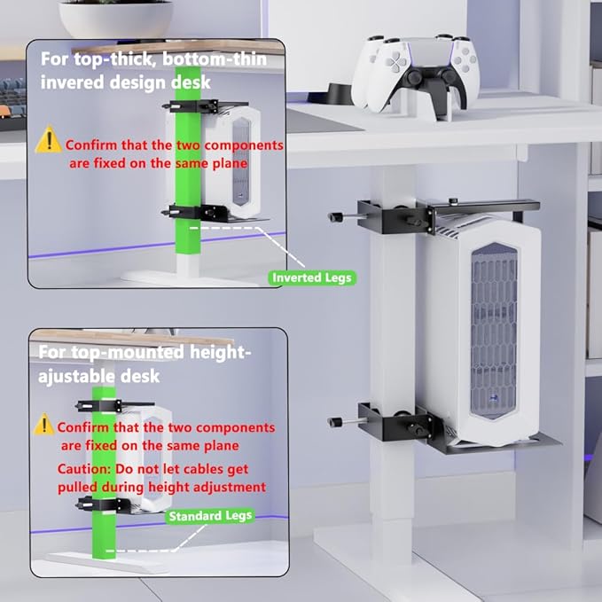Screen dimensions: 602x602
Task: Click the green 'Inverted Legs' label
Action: coord(312,278)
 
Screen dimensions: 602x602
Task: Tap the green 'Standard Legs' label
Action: coord(210,516)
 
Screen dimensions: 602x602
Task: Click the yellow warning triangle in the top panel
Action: coord(49,139)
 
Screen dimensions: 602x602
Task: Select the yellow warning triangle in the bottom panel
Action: coord(43,425)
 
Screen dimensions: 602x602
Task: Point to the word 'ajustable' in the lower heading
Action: coord(77,376)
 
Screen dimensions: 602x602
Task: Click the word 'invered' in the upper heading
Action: coord(72,82)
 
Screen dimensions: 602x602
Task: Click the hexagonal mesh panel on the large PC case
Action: coord(494,331)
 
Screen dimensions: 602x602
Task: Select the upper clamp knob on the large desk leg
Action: coord(335,217)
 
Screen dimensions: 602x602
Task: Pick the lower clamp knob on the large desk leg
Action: coord(335,422)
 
